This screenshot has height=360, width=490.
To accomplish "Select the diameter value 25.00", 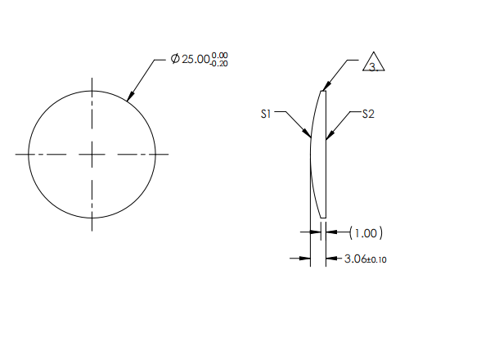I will pyautogui.click(x=196, y=60).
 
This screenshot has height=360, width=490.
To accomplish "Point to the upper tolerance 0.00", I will pyautogui.click(x=219, y=55).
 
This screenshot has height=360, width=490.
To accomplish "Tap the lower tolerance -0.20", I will pyautogui.click(x=218, y=64).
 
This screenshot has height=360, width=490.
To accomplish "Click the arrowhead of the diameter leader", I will pyautogui.click(x=129, y=100).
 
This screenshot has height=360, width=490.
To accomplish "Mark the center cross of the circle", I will pyautogui.click(x=92, y=154).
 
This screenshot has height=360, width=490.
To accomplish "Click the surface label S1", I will pyautogui.click(x=266, y=115).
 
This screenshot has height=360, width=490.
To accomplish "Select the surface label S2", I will pyautogui.click(x=368, y=115).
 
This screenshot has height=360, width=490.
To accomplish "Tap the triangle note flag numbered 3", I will pyautogui.click(x=373, y=65).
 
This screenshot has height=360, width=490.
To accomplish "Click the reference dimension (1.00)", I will pyautogui.click(x=366, y=233).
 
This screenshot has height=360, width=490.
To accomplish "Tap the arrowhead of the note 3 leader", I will pyautogui.click(x=325, y=88).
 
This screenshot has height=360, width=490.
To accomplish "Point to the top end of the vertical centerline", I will pyautogui.click(x=92, y=79).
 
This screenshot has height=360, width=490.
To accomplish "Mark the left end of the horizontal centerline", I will pyautogui.click(x=16, y=154).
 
